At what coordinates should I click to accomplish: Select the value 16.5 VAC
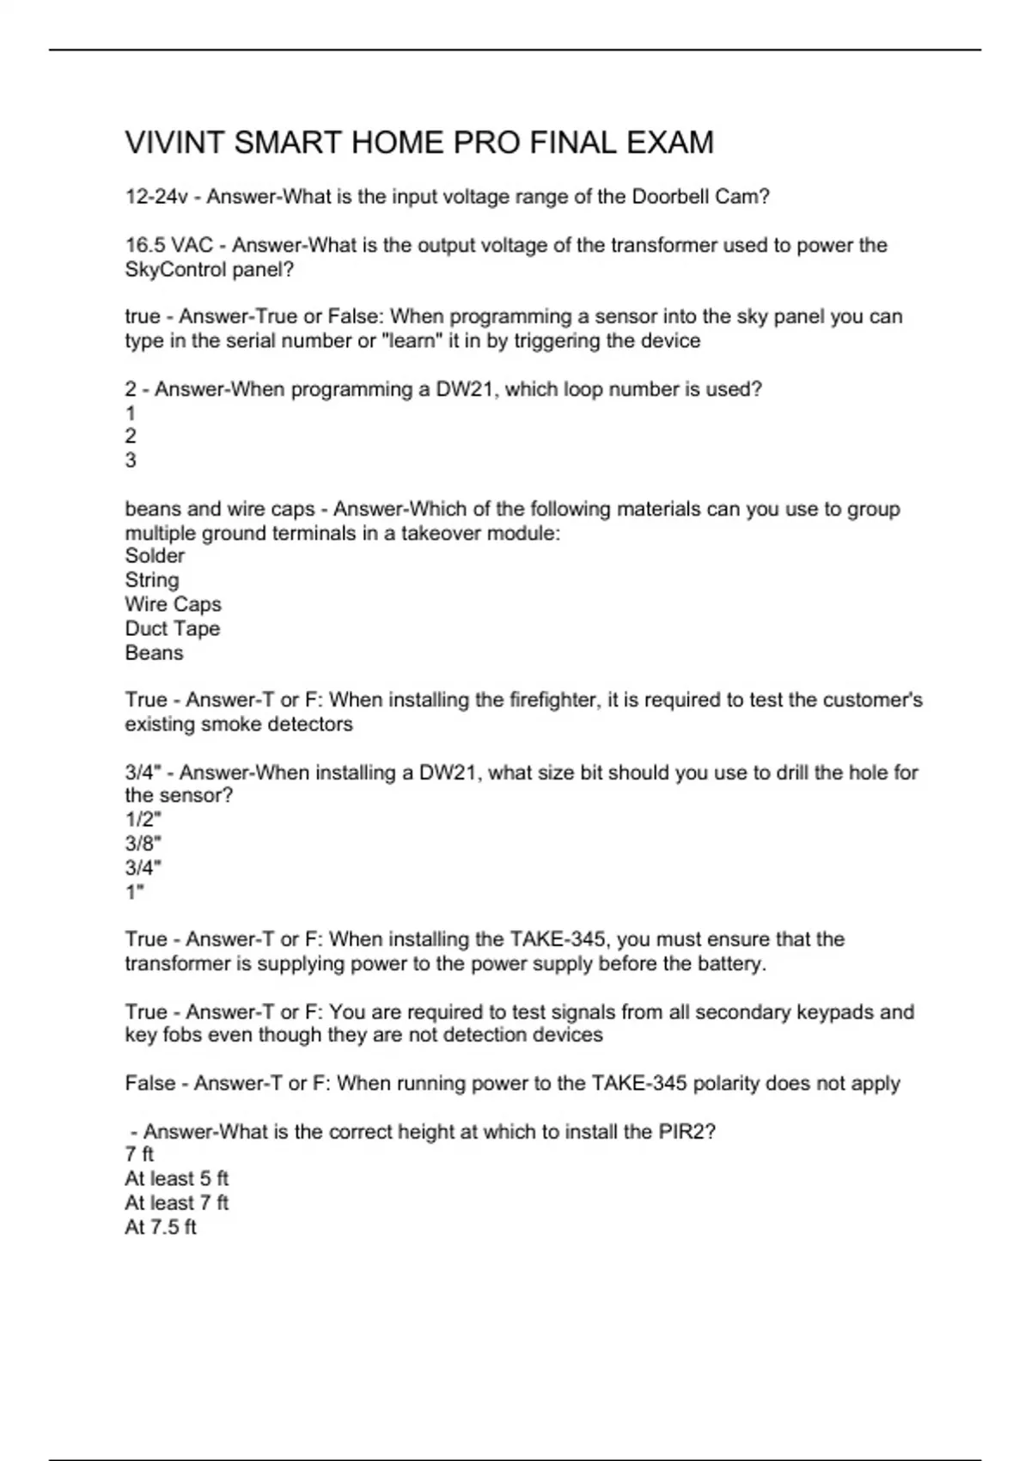169,246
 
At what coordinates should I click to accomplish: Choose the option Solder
155,556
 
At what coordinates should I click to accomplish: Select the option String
152,580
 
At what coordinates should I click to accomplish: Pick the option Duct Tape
172,628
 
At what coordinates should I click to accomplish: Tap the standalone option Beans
154,653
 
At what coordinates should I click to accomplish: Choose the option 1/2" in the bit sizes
143,819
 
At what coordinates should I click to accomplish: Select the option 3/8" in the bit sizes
143,843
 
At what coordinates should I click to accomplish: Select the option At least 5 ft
176,1179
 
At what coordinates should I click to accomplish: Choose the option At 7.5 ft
161,1227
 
